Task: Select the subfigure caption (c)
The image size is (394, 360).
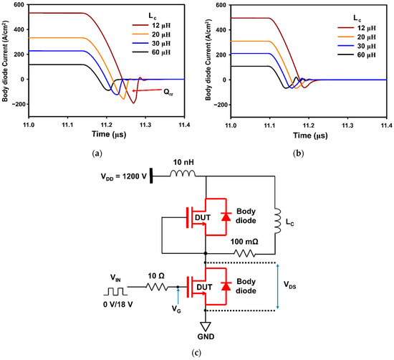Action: tap(196, 352)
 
